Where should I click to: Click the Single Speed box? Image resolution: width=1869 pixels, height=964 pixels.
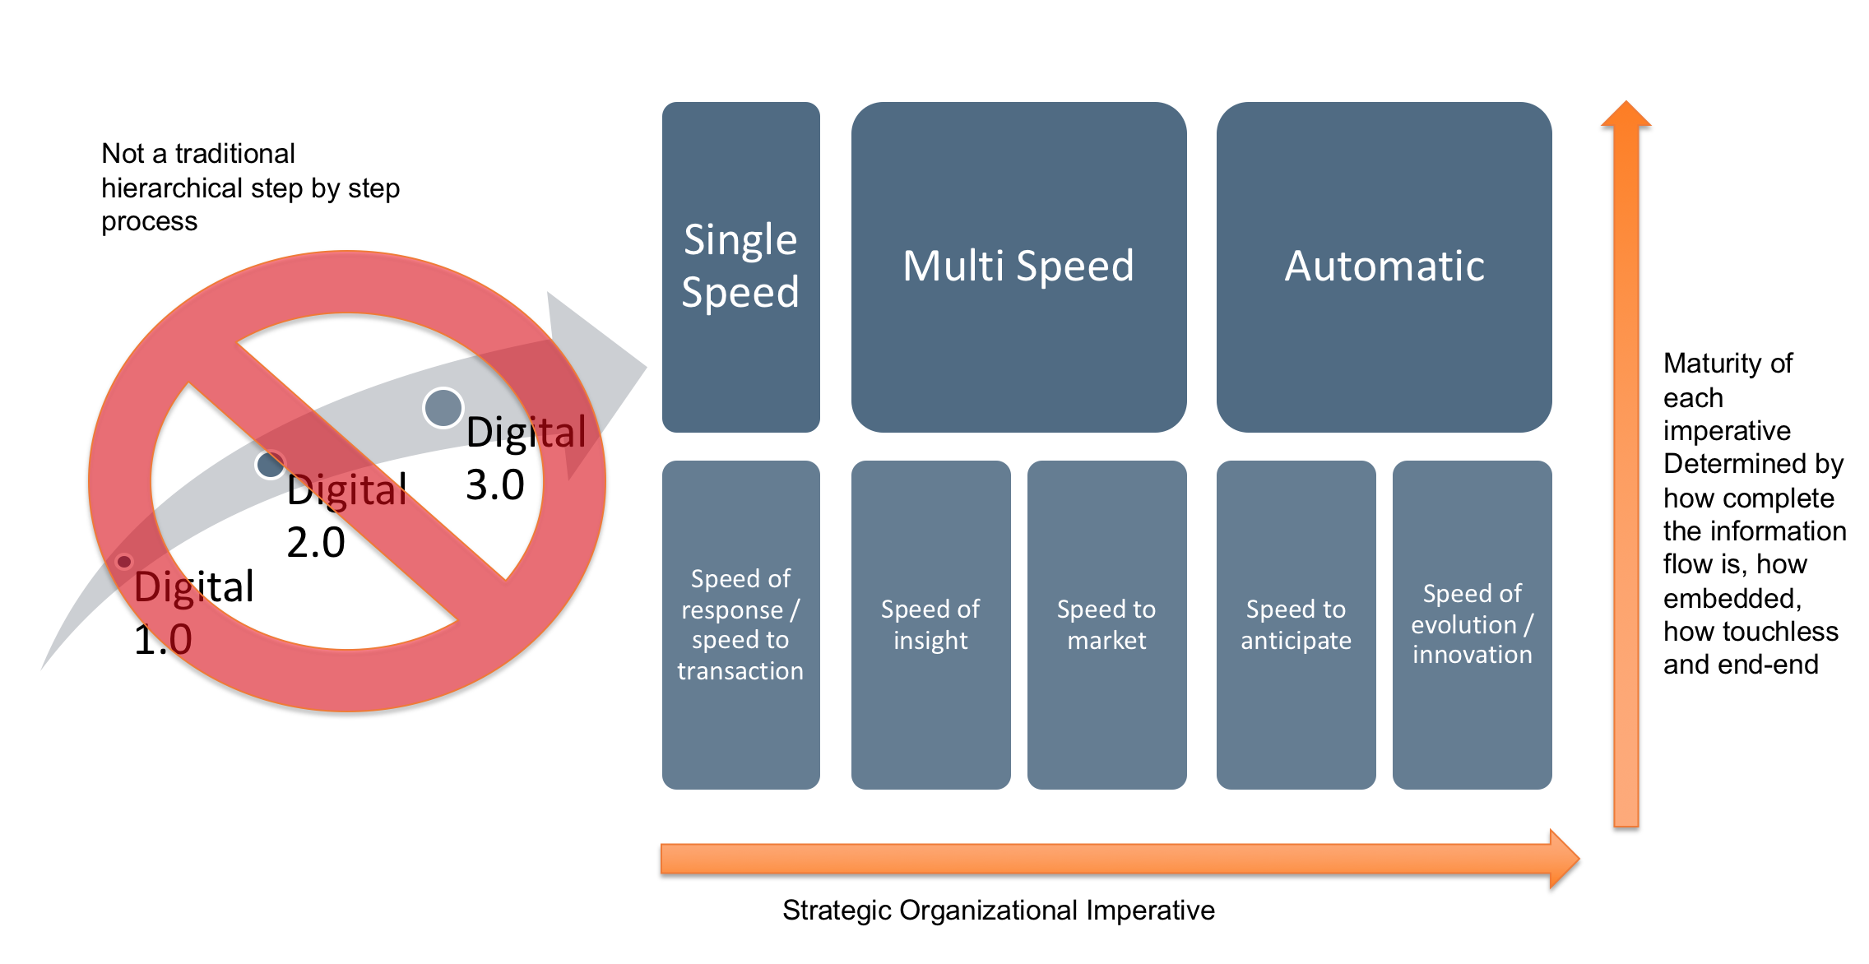(741, 266)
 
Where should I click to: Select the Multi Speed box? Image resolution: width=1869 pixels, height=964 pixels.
(1018, 266)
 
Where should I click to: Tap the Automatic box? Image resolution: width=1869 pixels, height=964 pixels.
(1384, 266)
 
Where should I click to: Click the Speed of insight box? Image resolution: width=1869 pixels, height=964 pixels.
(930, 625)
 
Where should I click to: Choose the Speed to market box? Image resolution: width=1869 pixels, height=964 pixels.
(1106, 625)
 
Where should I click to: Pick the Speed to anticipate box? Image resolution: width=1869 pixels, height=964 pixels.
(1296, 625)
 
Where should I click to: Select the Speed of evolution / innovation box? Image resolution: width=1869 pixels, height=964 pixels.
(1472, 625)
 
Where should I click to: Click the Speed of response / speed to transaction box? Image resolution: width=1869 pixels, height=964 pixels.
(741, 625)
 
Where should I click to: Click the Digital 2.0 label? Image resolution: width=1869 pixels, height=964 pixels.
(346, 516)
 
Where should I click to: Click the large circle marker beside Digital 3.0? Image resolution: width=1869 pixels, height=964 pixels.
(443, 408)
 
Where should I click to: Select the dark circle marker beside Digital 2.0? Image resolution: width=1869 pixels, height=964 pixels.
(270, 465)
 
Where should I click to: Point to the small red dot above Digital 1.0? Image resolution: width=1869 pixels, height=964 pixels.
(124, 562)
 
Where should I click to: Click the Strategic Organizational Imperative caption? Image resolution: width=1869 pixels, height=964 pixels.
(998, 911)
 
